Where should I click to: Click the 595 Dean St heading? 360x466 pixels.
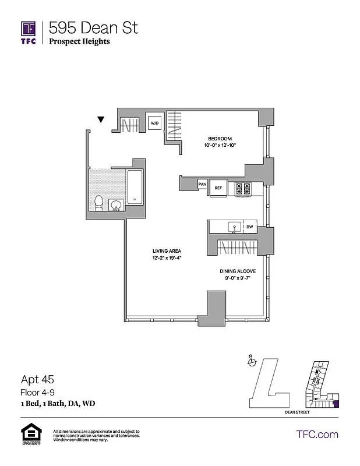93,27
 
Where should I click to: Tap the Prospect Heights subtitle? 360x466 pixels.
79,41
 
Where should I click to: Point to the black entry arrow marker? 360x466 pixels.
101,120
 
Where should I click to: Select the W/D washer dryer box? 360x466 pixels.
154,123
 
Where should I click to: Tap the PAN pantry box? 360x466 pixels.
203,184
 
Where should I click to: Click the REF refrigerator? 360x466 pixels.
218,188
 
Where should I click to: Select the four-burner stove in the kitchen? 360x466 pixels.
242,188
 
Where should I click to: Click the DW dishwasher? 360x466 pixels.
249,227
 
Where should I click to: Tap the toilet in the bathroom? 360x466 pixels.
99,202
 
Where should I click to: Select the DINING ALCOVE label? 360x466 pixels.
236,271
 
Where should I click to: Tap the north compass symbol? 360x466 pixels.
252,362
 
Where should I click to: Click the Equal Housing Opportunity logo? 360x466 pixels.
30,434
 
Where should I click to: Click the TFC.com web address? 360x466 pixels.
317,434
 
